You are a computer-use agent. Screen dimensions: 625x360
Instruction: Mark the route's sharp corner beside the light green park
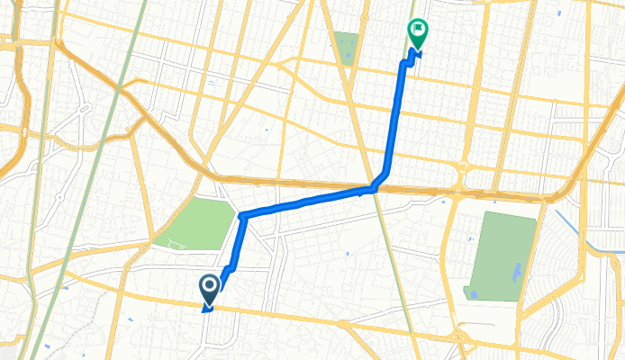tap(242, 215)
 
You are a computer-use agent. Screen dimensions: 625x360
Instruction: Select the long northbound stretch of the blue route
tap(396, 117)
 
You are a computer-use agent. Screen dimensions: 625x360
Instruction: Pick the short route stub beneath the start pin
tap(208, 308)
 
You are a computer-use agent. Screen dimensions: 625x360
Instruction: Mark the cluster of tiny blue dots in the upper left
tap(212, 83)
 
